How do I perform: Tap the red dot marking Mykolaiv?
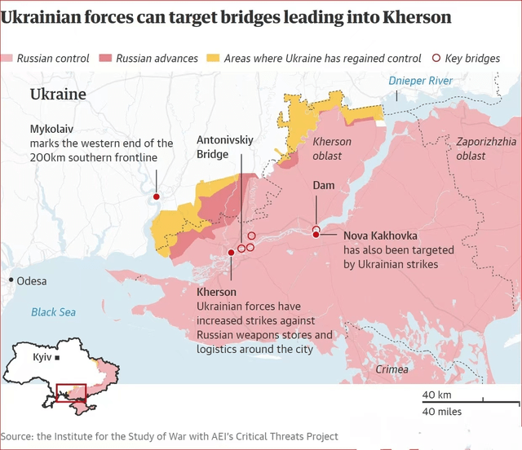(156, 196)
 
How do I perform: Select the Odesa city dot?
(11, 280)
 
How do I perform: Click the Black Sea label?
(53, 311)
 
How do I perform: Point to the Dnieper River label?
(420, 82)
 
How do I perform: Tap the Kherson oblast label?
(332, 148)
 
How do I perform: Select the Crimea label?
(392, 369)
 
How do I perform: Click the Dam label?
(324, 186)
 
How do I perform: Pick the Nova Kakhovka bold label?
(378, 236)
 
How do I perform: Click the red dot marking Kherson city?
(232, 253)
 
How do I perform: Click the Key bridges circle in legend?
(436, 58)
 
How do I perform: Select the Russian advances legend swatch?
(105, 58)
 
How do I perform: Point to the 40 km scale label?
(436, 395)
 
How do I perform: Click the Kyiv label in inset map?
(42, 358)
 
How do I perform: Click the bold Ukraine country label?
(58, 95)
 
